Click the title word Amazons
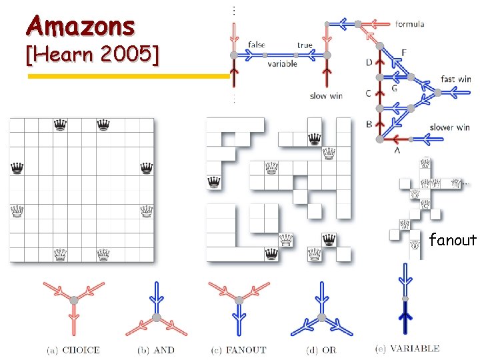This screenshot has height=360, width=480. (x=80, y=27)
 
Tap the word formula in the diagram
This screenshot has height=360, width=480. (x=409, y=24)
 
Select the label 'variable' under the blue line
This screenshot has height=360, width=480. (x=283, y=64)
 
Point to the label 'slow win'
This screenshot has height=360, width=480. (x=326, y=96)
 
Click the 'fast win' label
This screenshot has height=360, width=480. (x=456, y=79)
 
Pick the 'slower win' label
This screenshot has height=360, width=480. (x=451, y=127)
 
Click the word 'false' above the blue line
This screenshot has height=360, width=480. (x=256, y=45)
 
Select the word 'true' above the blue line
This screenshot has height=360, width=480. (x=305, y=45)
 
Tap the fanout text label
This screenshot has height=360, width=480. (x=453, y=240)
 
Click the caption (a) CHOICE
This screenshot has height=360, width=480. (x=73, y=349)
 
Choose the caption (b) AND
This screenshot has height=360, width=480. (x=157, y=349)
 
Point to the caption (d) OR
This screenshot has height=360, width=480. (x=321, y=349)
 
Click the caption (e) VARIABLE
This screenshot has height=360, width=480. (x=407, y=348)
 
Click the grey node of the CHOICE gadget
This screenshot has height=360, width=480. (x=74, y=301)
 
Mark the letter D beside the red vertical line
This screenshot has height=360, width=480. (x=369, y=63)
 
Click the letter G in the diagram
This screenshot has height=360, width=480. (x=395, y=88)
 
